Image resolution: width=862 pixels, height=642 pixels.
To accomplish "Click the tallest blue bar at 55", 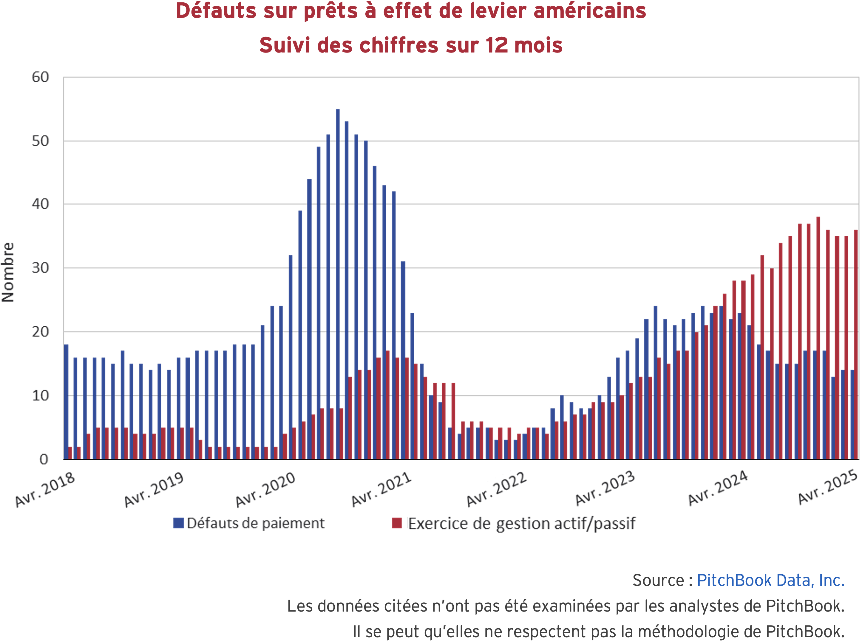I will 338,284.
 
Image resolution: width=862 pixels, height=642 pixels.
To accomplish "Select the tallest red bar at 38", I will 818,338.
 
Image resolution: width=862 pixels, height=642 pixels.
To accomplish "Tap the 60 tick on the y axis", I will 40,77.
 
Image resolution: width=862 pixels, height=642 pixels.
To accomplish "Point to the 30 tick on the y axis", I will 40,268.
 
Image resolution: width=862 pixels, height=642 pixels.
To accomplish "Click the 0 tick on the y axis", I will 44,460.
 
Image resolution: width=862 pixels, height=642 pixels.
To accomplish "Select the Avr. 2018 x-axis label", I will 45,490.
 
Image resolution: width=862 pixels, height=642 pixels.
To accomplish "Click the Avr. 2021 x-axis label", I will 381,490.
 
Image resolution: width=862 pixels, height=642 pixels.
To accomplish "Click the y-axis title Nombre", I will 8,272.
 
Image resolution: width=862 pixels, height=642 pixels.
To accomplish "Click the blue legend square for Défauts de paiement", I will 178,523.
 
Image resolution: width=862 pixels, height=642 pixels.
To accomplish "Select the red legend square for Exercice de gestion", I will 397,523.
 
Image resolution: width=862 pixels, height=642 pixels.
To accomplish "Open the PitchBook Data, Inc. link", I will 770,580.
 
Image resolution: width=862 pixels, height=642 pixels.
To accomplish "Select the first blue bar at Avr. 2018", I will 66,402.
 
